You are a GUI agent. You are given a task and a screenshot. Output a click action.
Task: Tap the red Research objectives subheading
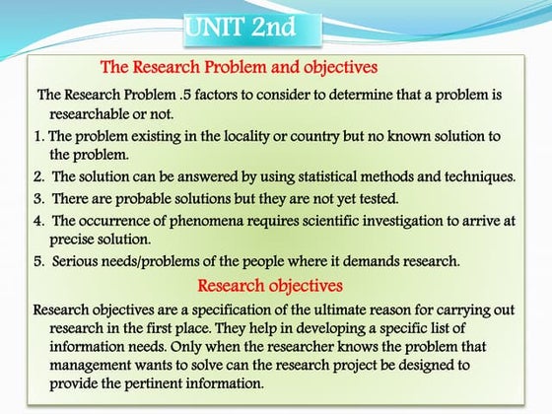(270, 287)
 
